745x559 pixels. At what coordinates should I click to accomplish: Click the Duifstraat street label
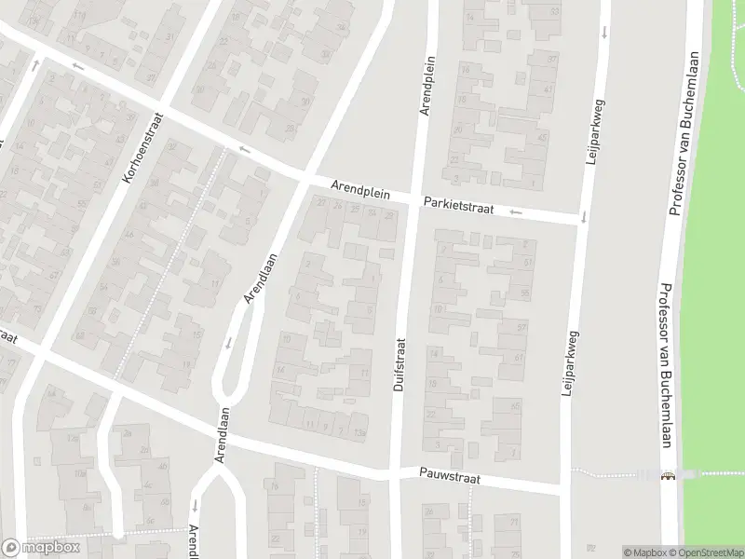[400, 363]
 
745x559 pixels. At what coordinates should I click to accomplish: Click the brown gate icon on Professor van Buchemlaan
[667, 477]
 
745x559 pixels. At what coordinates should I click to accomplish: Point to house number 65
[515, 408]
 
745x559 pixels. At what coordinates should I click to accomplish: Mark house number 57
[521, 327]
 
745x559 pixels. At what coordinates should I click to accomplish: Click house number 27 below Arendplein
[320, 202]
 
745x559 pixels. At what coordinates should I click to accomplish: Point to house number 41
[548, 90]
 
